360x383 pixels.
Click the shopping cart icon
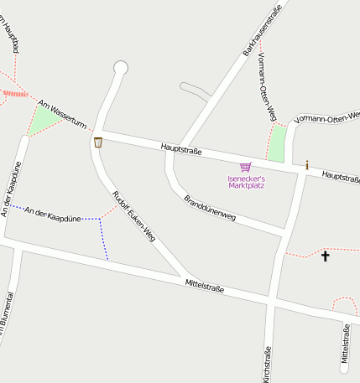pyautogui.click(x=245, y=167)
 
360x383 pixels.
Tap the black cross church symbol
pyautogui.click(x=326, y=256)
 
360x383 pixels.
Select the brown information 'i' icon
pyautogui.click(x=307, y=165)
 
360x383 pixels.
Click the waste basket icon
pyautogui.click(x=98, y=142)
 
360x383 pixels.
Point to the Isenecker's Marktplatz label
pyautogui.click(x=246, y=182)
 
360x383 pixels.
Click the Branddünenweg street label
pyautogui.click(x=210, y=207)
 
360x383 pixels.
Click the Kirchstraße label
pyautogui.click(x=267, y=365)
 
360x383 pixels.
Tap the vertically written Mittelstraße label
pyautogui.click(x=344, y=345)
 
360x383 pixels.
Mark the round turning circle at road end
pyautogui.click(x=121, y=67)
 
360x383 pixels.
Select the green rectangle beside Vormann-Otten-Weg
pyautogui.click(x=276, y=143)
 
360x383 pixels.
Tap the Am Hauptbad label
pyautogui.click(x=10, y=38)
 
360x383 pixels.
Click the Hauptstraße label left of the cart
pyautogui.click(x=181, y=150)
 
